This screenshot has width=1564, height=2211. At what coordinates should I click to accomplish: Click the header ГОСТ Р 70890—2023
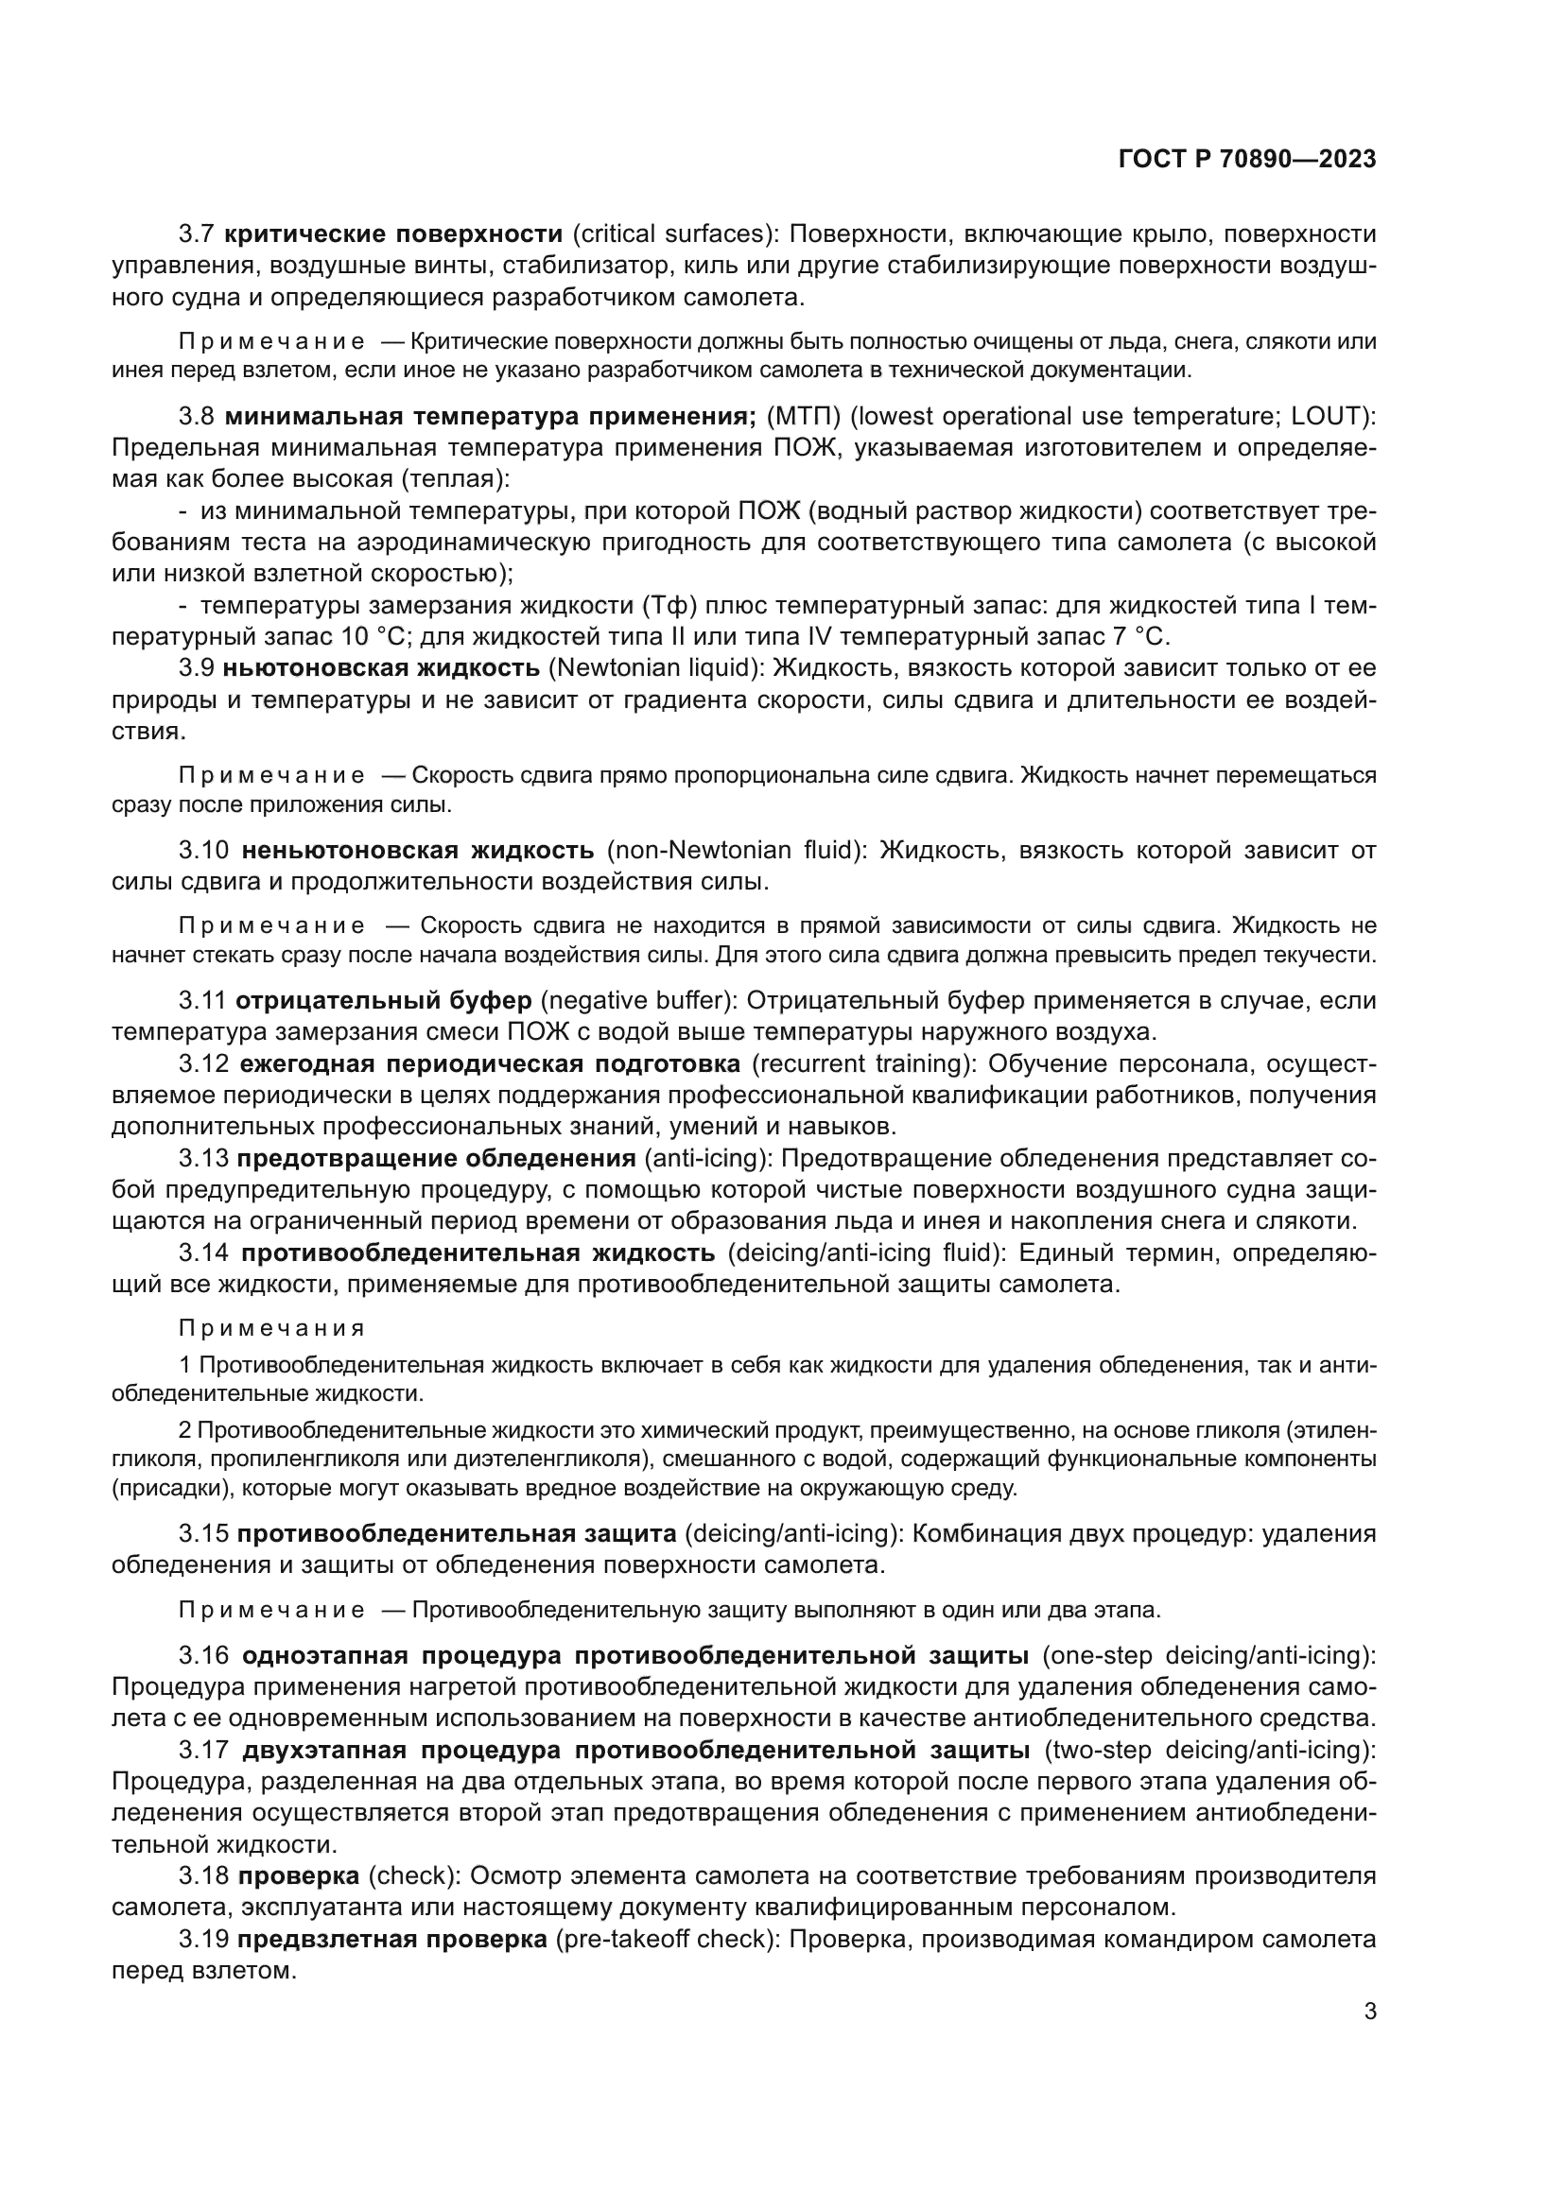pos(1246,160)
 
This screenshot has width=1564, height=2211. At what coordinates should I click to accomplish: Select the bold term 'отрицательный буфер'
pos(383,1000)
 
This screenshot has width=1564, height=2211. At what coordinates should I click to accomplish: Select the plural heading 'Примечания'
pos(271,1329)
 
